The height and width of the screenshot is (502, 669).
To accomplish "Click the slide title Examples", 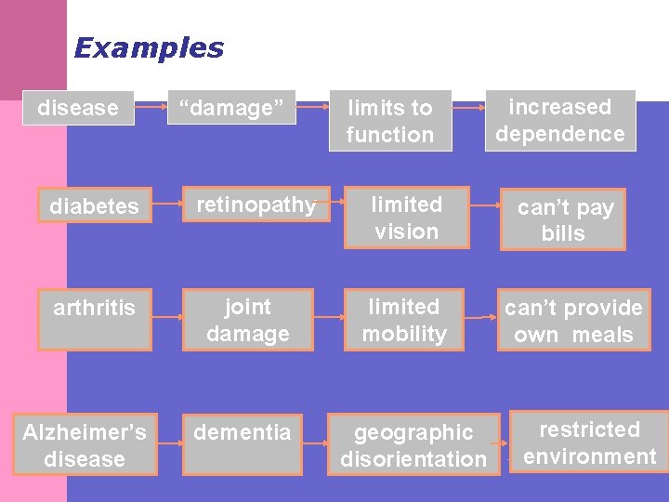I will tap(149, 47).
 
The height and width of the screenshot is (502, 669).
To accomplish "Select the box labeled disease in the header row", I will tap(78, 108).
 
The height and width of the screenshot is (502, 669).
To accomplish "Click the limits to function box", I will tap(390, 121).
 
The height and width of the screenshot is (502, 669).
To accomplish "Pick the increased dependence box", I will tap(560, 120).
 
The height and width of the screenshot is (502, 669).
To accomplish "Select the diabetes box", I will tap(94, 205).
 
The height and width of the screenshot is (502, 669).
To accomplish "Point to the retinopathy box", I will tap(256, 205).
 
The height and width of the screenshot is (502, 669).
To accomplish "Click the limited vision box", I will tap(406, 218).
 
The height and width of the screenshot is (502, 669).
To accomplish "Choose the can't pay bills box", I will tap(564, 219).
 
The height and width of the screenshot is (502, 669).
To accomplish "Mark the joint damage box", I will tap(247, 320).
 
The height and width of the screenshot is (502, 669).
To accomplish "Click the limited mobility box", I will tap(405, 320).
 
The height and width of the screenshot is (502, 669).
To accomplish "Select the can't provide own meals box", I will tap(573, 321).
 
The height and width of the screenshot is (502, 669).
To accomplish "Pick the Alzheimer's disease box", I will tap(85, 445).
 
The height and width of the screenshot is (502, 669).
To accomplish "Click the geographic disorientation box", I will tap(413, 445).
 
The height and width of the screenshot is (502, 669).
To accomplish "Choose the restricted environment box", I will tap(589, 443).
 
